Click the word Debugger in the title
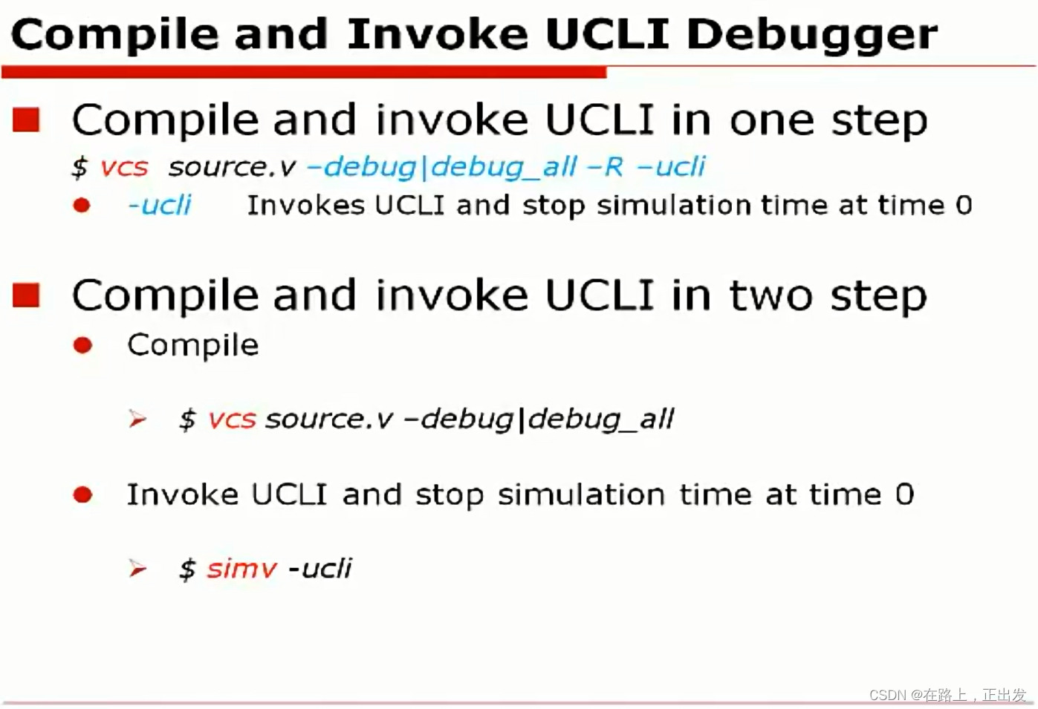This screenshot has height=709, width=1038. [811, 35]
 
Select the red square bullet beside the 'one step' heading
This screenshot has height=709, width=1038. [27, 120]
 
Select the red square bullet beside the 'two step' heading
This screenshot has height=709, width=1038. [27, 295]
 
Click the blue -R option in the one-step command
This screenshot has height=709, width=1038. [605, 167]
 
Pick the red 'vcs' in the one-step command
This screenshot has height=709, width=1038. [124, 167]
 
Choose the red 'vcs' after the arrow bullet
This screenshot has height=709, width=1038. [232, 419]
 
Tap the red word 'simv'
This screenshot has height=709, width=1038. [241, 569]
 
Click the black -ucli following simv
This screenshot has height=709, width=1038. [320, 569]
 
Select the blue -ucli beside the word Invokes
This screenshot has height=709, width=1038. [159, 205]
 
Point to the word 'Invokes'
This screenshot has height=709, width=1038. [305, 205]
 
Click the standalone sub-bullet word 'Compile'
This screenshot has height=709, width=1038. [192, 345]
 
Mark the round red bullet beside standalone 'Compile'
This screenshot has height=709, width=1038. [82, 345]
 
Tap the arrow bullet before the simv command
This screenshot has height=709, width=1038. [137, 569]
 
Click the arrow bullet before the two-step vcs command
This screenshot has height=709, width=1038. [137, 419]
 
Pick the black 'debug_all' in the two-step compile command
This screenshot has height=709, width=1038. [601, 419]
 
